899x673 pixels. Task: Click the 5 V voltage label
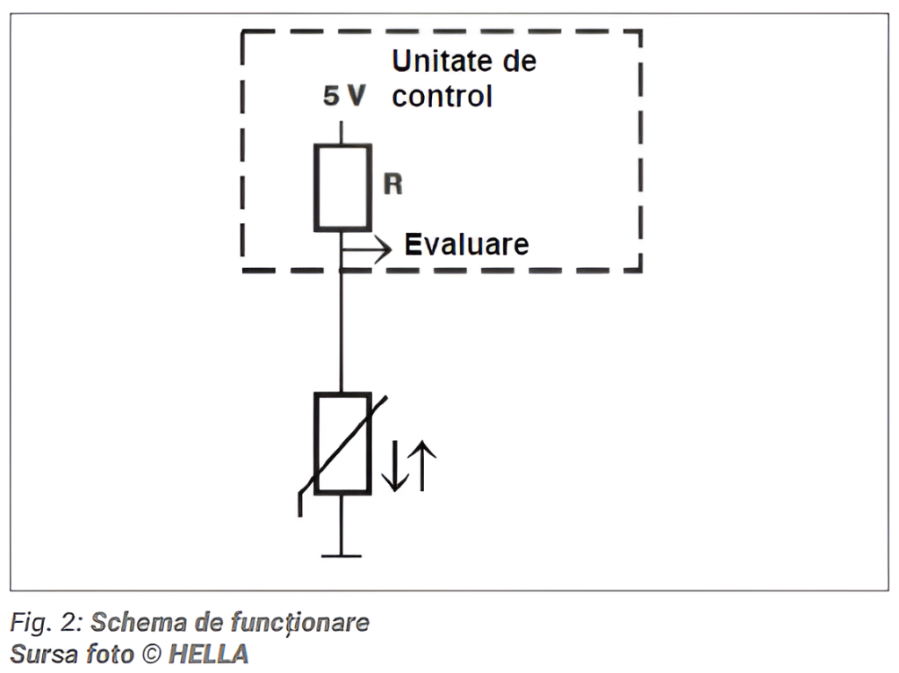(x=344, y=97)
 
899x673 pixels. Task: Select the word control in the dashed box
(x=442, y=96)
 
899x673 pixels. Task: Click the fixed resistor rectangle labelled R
(x=342, y=188)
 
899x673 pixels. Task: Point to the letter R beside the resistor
(x=393, y=185)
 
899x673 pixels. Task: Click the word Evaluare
(x=466, y=244)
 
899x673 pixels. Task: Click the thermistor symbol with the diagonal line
(x=342, y=444)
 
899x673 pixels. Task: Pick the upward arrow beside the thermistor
(x=422, y=466)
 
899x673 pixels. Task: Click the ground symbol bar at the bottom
(x=341, y=555)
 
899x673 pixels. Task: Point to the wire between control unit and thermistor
(x=341, y=334)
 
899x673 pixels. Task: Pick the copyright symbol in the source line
(x=151, y=654)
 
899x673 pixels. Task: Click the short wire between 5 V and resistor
(x=341, y=132)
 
